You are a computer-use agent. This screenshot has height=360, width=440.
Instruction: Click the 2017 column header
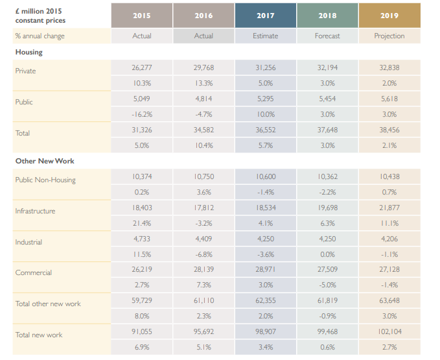point(265,15)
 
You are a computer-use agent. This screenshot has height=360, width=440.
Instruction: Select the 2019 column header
point(389,15)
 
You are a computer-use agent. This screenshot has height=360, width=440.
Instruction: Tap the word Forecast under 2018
point(327,36)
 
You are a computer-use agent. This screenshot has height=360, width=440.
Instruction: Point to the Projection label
point(389,36)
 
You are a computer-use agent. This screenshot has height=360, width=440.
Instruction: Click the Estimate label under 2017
point(265,36)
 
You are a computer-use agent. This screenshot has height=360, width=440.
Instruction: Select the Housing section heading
point(29,52)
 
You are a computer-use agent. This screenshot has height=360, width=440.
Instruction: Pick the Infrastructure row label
point(36,211)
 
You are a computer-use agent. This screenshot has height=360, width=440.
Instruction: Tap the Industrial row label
point(29,242)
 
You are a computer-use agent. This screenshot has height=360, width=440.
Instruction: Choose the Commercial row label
point(34,273)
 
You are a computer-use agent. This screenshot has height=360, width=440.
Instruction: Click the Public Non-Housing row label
point(45,180)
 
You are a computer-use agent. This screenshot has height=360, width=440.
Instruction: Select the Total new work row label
point(39,335)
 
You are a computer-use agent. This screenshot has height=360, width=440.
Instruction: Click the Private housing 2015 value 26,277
point(142,67)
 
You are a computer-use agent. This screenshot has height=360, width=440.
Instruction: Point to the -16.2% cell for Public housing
point(142,114)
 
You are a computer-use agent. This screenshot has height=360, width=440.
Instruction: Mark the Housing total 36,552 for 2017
point(265,130)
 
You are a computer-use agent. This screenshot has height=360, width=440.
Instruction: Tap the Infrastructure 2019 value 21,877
point(389,208)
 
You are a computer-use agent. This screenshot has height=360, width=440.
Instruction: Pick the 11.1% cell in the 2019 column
point(389,223)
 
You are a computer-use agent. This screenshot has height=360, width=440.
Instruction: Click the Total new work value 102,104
point(389,332)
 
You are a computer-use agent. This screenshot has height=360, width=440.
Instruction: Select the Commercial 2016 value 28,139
point(203,270)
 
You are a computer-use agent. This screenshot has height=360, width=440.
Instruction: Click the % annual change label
point(40,36)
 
